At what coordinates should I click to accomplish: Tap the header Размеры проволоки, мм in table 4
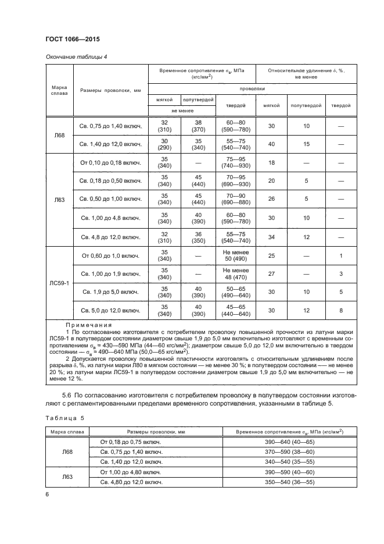click(x=110, y=90)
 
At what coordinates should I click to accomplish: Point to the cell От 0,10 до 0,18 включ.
click(x=110, y=163)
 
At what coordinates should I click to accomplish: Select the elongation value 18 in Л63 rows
click(x=271, y=163)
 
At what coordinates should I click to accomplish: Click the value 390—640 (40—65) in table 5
click(x=290, y=442)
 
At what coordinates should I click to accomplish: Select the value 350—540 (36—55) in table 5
click(x=290, y=482)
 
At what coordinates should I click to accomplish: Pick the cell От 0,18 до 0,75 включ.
click(x=131, y=442)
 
